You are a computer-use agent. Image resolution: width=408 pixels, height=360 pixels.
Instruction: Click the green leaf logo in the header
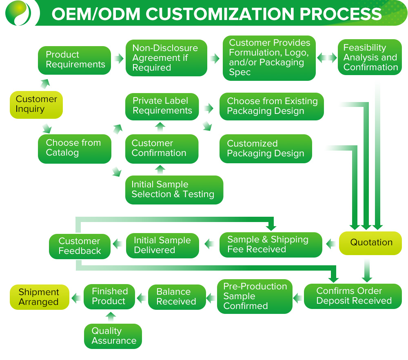click(19, 13)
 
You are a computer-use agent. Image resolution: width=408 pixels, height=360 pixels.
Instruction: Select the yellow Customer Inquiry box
click(36, 104)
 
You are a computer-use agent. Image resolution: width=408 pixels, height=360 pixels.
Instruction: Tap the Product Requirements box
click(74, 60)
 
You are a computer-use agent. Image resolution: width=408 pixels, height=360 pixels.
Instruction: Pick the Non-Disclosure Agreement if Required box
click(166, 58)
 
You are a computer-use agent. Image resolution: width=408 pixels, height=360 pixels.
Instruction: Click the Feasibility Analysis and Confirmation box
click(370, 57)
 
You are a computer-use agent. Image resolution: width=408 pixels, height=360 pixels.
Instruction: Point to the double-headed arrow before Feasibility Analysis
click(327, 58)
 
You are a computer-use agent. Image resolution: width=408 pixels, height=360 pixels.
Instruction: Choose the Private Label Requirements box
click(162, 106)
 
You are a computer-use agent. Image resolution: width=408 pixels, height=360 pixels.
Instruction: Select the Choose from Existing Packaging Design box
click(271, 107)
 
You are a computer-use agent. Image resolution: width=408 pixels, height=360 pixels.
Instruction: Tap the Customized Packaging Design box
click(266, 149)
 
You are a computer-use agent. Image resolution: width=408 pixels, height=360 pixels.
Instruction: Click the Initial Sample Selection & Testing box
click(174, 190)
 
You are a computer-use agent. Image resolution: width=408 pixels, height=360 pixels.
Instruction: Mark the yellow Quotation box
click(370, 243)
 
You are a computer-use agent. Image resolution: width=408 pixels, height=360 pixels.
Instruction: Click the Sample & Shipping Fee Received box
click(271, 245)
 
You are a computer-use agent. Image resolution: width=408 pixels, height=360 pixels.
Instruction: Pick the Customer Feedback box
click(80, 246)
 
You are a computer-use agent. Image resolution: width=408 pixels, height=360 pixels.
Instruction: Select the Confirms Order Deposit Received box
click(353, 296)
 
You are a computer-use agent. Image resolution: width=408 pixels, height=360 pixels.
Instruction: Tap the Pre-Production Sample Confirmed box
click(255, 296)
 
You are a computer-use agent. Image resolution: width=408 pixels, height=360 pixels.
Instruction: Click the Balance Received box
click(176, 297)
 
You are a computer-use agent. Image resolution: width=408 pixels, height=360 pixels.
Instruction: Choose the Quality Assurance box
click(113, 336)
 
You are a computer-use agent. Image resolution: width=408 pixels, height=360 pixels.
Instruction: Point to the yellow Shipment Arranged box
click(40, 297)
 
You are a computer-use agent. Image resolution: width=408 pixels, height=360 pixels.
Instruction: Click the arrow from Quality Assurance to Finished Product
click(111, 316)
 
